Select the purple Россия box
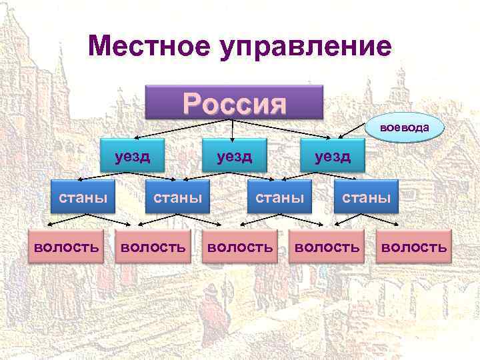tap(234, 103)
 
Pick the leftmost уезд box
tap(132, 157)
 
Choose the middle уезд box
tap(233, 157)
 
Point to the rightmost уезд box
tap(333, 157)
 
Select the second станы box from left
tap(177, 197)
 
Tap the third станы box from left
tap(280, 197)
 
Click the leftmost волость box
tap(67, 247)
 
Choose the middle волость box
tap(240, 247)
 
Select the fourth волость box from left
tap(327, 247)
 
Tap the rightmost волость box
tap(413, 247)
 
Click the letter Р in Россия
tap(194, 103)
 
